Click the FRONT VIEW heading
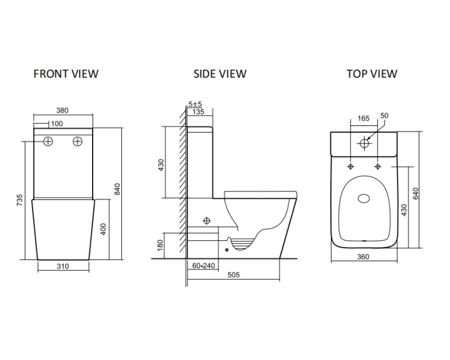[x=66, y=74]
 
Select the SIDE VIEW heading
[x=220, y=74]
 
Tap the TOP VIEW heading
[x=372, y=74]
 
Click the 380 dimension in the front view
[x=62, y=110]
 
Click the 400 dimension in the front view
[x=103, y=228]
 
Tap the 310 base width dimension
[x=62, y=266]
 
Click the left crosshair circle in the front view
[x=48, y=141]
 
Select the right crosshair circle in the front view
[x=78, y=141]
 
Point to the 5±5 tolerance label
[x=195, y=104]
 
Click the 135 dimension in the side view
[x=197, y=111]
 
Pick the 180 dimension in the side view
[x=161, y=243]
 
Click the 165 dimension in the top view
[x=364, y=118]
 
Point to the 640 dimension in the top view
[x=415, y=193]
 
